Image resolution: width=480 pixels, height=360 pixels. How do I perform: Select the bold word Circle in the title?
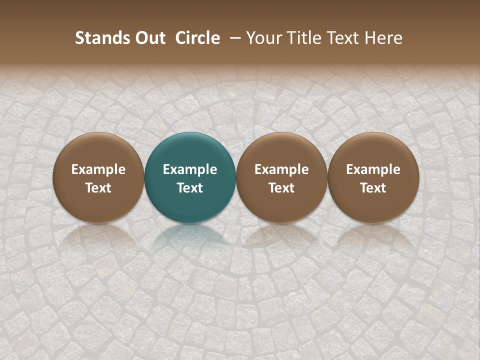click(x=197, y=38)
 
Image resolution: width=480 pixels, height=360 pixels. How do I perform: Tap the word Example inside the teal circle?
click(x=190, y=169)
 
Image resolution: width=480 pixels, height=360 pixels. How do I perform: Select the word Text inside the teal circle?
click(x=190, y=188)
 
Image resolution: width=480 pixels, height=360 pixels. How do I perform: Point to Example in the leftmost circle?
click(x=98, y=169)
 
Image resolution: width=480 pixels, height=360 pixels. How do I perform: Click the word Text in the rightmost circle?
click(x=373, y=188)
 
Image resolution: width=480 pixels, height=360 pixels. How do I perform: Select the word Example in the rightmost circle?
click(x=373, y=169)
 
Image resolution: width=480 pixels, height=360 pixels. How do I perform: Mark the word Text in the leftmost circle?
click(x=98, y=188)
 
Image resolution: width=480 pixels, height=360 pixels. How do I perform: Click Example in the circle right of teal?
click(x=281, y=169)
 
